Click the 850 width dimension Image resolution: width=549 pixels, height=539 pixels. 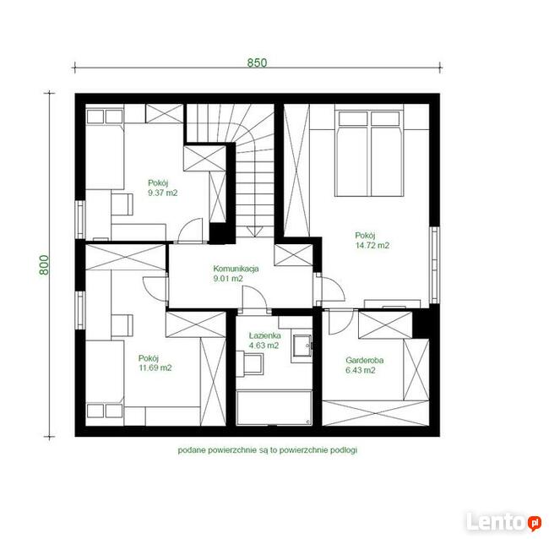click(x=257, y=63)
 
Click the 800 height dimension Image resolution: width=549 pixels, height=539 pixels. click(x=44, y=264)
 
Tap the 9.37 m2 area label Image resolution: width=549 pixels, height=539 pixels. click(x=163, y=193)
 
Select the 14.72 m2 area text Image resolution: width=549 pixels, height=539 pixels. click(x=372, y=245)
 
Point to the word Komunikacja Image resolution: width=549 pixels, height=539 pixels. click(x=236, y=269)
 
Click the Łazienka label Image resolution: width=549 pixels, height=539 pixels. click(x=264, y=335)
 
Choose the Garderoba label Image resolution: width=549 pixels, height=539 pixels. click(x=365, y=360)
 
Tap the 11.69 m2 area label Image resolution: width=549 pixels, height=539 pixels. click(x=155, y=367)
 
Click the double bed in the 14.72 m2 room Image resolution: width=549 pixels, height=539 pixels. click(x=369, y=154)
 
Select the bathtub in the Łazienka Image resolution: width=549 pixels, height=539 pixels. click(x=274, y=408)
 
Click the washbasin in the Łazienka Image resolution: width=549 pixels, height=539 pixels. click(x=302, y=346)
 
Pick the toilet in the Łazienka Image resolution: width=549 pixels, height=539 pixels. click(x=250, y=364)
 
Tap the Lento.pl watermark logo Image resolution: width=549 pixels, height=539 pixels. click(x=504, y=522)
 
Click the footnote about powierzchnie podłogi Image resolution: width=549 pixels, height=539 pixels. click(x=268, y=450)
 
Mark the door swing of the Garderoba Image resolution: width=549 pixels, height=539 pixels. click(x=340, y=322)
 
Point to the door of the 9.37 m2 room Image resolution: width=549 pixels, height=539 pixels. click(x=191, y=231)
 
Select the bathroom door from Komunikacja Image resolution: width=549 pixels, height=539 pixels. click(x=255, y=299)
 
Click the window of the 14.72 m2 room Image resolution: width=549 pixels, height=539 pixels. click(x=434, y=265)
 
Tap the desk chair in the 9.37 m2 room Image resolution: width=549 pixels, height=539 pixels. click(x=122, y=204)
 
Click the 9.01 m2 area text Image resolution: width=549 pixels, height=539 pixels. click(x=228, y=279)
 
